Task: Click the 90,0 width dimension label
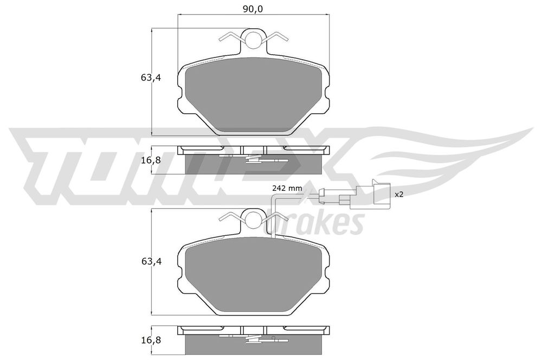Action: click(253, 9)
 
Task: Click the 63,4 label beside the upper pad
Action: click(151, 78)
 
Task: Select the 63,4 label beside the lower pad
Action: click(151, 261)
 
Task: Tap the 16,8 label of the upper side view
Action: click(151, 160)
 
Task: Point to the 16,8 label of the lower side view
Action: click(151, 340)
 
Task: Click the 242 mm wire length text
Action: click(287, 189)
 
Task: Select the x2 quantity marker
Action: click(399, 195)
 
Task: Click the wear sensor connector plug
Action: click(370, 195)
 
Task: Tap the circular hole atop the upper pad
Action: click(253, 40)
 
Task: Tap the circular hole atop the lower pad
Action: click(253, 219)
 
